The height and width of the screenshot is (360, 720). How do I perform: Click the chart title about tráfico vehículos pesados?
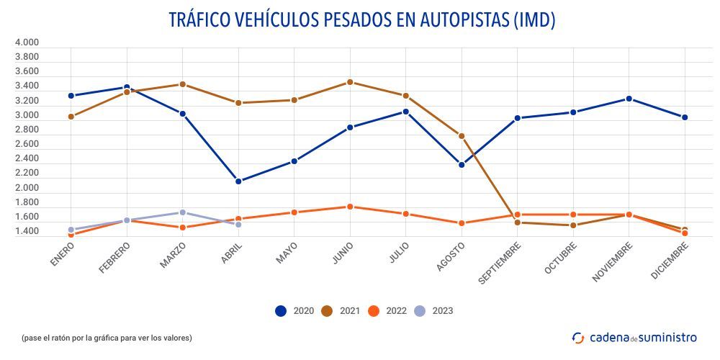coord(361,20)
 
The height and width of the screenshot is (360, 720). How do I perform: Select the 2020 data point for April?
coord(238,181)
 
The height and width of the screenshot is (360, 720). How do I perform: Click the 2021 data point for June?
coord(350,82)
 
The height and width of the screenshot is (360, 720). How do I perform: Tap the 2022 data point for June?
coord(350,207)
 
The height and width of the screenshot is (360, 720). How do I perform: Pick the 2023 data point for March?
coord(183,212)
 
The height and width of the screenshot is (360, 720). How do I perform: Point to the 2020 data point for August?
coord(462,165)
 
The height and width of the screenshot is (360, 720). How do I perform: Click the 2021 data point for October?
coord(573,225)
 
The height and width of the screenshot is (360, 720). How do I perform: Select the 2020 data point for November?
coord(629,99)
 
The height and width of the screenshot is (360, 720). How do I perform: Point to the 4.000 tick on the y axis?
coord(27,42)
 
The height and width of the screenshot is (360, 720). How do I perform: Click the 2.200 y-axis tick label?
coord(27,174)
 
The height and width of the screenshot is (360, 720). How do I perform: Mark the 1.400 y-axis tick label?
coord(27,232)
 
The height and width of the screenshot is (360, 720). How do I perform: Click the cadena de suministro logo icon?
coord(578,338)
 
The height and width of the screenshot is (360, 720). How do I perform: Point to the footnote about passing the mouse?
coord(107,338)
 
